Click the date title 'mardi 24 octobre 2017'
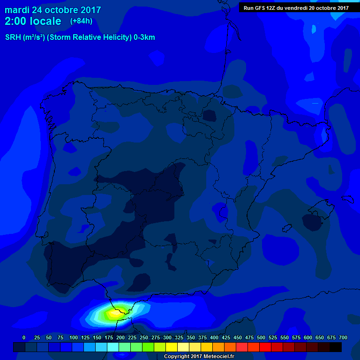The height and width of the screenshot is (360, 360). [x=52, y=10]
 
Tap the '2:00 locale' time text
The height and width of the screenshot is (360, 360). [x=33, y=21]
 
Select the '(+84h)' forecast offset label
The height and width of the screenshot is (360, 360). [x=81, y=21]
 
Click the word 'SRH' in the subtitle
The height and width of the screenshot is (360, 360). [x=13, y=37]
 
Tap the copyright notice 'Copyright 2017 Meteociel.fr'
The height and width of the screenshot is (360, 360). [x=199, y=356]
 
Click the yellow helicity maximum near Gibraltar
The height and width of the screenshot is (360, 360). [x=115, y=313]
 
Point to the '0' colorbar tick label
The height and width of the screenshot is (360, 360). [x=24, y=337]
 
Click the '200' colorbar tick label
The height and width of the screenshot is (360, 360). [x=120, y=337]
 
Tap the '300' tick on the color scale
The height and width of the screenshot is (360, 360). [x=167, y=337]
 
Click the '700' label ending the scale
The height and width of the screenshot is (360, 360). [x=343, y=337]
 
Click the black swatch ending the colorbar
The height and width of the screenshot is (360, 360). [x=336, y=347]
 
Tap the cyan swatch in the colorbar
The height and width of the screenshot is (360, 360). [x=113, y=347]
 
